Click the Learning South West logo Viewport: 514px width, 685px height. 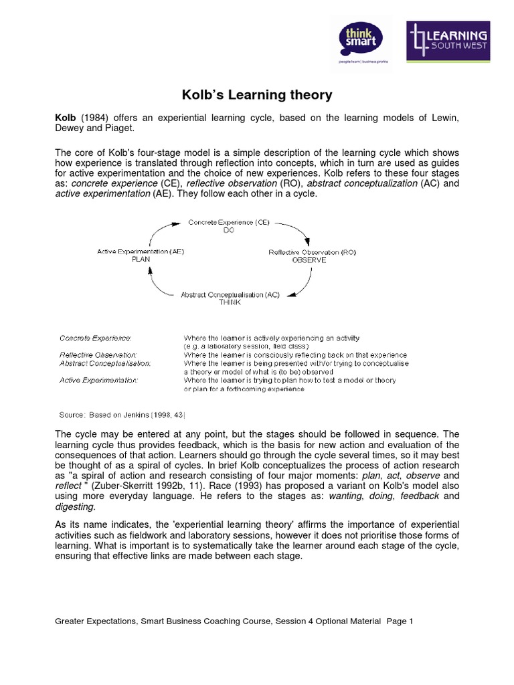[x=448, y=43]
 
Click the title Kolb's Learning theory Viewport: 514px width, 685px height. [x=258, y=95]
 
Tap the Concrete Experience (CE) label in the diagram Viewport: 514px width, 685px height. [x=229, y=221]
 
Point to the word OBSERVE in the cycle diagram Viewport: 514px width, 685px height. [x=309, y=260]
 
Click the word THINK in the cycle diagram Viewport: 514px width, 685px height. [x=229, y=302]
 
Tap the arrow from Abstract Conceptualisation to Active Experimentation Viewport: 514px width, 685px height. [x=159, y=282]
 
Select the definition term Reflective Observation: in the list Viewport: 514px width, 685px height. [x=98, y=355]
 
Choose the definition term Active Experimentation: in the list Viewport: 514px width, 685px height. [x=98, y=380]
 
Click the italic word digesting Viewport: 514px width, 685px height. [x=74, y=507]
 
